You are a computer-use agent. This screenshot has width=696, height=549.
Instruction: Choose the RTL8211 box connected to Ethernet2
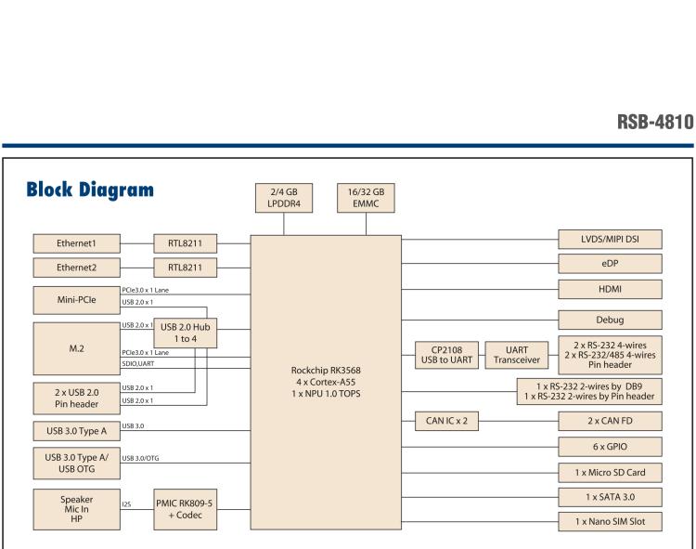pyautogui.click(x=185, y=268)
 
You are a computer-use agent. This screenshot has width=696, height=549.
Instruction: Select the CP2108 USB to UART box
pyautogui.click(x=443, y=357)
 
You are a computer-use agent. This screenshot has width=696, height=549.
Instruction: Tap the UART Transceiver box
pyautogui.click(x=509, y=357)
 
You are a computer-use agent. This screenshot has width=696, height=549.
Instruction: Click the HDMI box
pyautogui.click(x=611, y=290)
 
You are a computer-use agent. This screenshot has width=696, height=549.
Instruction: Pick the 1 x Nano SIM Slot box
pyautogui.click(x=611, y=522)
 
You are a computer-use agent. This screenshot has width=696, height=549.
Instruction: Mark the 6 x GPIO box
pyautogui.click(x=611, y=448)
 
